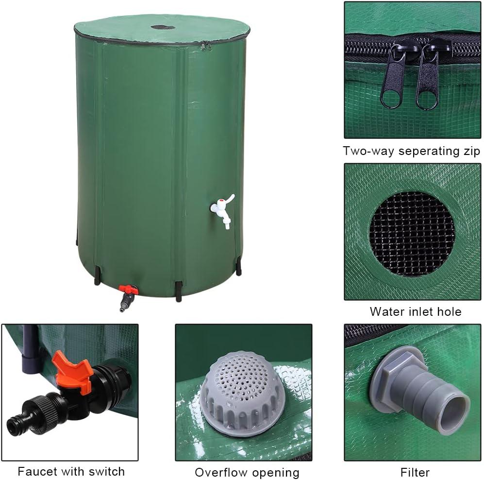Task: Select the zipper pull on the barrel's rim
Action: [206, 46]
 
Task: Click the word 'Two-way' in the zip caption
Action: [367, 151]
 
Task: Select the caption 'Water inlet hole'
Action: [415, 311]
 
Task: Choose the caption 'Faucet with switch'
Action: [71, 471]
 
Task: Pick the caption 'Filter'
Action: [415, 472]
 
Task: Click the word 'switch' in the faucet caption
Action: [107, 471]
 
